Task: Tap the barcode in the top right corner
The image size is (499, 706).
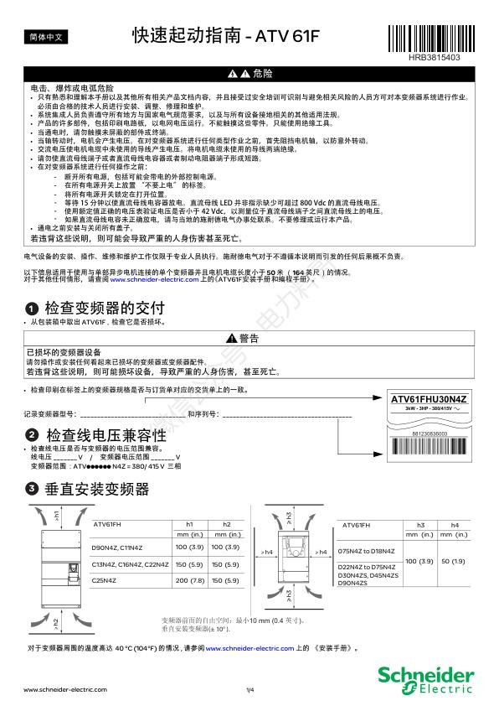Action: point(436,39)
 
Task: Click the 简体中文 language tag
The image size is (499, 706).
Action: point(44,37)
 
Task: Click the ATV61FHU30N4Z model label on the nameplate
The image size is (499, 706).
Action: point(428,398)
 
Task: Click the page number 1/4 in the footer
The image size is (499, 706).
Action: point(249,689)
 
